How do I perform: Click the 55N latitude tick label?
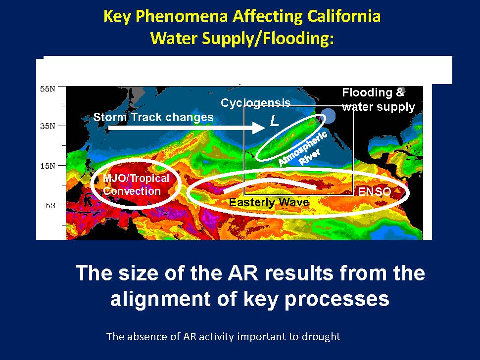pos(48,89)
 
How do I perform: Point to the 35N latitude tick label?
pos(48,126)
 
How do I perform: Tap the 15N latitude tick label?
pos(48,166)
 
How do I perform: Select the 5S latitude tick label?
pos(50,205)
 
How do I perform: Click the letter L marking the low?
pos(275,121)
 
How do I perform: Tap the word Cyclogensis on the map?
pos(256,103)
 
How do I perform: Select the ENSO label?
pos(375,192)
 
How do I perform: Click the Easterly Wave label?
pos(269,202)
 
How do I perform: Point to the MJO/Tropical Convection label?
pos(136,184)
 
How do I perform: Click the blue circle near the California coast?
pos(328,116)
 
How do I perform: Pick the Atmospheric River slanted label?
pos(303,149)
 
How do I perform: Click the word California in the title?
pos(344,16)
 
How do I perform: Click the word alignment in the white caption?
pos(160,299)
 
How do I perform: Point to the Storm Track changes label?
pos(153,117)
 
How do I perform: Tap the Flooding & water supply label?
pos(379,100)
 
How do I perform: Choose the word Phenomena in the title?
pos(182,16)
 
